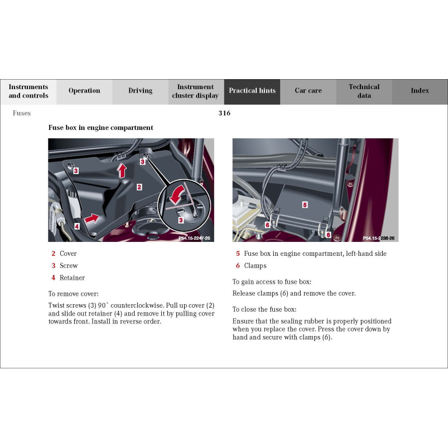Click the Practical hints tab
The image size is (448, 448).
pyautogui.click(x=252, y=91)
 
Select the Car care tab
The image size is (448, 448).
pyautogui.click(x=308, y=91)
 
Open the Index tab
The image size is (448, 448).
pyautogui.click(x=420, y=91)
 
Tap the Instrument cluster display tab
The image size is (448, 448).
pyautogui.click(x=196, y=91)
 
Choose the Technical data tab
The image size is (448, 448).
pyautogui.click(x=364, y=91)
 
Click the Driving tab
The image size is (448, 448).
pyautogui.click(x=140, y=91)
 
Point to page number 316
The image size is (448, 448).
pyautogui.click(x=224, y=113)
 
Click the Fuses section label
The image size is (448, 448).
pyautogui.click(x=22, y=113)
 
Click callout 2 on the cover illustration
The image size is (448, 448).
pyautogui.click(x=139, y=187)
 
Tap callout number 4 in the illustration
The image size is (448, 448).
pyautogui.click(x=77, y=226)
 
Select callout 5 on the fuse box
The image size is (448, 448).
pyautogui.click(x=305, y=205)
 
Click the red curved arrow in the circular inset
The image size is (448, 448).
pyautogui.click(x=177, y=196)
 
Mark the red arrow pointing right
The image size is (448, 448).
pyautogui.click(x=91, y=218)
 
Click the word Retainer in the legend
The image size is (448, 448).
pyautogui.click(x=72, y=278)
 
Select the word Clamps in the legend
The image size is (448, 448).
pyautogui.click(x=255, y=266)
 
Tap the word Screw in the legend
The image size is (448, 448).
pyautogui.click(x=69, y=266)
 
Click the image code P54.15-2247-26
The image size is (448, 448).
pyautogui.click(x=194, y=238)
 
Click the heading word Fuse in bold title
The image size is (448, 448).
pyautogui.click(x=56, y=128)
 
